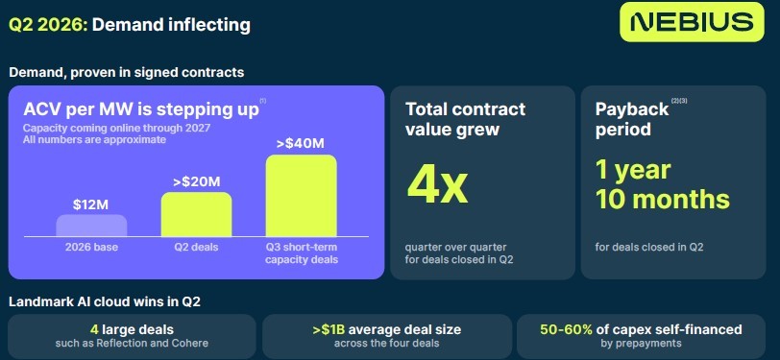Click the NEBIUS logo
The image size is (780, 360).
pos(692,22)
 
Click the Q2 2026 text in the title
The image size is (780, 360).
pos(48,24)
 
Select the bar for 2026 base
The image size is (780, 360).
pos(91,226)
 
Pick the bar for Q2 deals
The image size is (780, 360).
pos(196,214)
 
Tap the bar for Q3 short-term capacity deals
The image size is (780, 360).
pos(301,196)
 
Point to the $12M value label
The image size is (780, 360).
pos(91,204)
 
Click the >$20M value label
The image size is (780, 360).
pos(196,181)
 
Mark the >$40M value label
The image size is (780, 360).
pos(301,144)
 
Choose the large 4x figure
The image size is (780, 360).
pos(437,186)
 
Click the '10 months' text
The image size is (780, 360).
pos(663,199)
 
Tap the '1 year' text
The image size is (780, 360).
pos(633,170)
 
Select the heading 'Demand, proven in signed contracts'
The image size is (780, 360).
pos(127,73)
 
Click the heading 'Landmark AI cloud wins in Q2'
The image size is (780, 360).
pos(105,301)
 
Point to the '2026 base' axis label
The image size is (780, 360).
pos(91,247)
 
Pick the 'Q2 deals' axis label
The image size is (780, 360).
pos(196,247)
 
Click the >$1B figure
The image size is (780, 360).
pos(329,329)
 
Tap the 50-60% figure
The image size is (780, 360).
pos(566,329)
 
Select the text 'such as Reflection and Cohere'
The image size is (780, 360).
pos(132,343)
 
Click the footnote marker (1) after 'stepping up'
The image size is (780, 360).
pos(262,101)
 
